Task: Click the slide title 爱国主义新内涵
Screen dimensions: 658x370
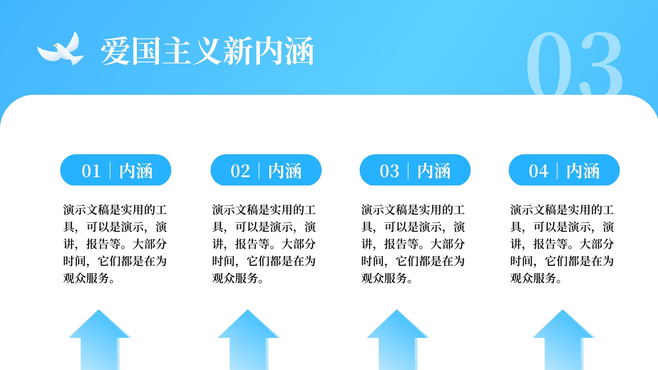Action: click(207, 51)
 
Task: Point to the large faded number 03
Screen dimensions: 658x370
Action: click(575, 63)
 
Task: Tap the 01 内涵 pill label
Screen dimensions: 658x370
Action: click(116, 170)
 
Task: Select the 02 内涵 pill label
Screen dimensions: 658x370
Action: click(266, 170)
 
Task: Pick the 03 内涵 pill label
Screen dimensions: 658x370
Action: click(415, 170)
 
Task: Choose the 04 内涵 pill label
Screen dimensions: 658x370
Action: click(564, 170)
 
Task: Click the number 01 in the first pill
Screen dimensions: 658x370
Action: click(91, 171)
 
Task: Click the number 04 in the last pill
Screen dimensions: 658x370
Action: click(538, 171)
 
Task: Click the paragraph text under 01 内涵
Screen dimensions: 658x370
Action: click(115, 244)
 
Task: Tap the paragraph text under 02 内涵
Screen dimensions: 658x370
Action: click(264, 244)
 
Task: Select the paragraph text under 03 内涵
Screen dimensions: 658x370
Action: click(413, 244)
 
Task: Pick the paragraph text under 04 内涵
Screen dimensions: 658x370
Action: click(562, 244)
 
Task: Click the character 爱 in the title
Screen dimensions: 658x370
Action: click(115, 51)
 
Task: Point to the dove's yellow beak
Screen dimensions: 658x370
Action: click(54, 46)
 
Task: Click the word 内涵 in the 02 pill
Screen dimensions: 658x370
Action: click(285, 171)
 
